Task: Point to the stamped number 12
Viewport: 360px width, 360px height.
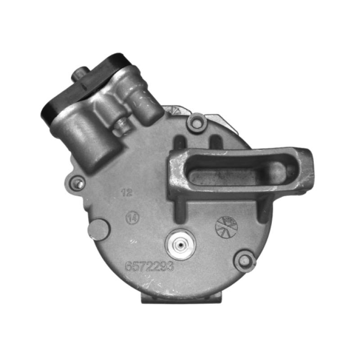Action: click(127, 193)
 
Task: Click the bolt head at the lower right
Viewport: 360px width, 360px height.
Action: click(245, 261)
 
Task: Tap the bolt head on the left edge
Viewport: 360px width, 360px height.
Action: click(79, 183)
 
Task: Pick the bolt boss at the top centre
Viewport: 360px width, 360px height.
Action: click(196, 122)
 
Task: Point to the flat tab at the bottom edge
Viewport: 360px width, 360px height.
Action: click(182, 297)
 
